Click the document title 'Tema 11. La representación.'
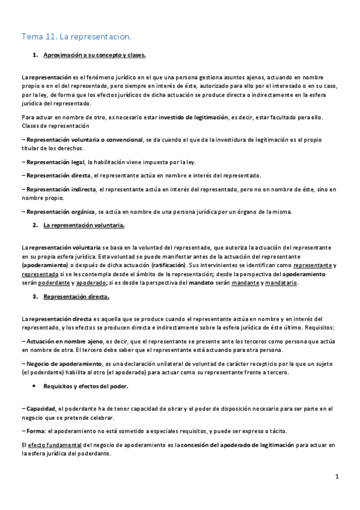(76, 37)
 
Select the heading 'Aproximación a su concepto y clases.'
(94, 55)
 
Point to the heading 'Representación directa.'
(76, 296)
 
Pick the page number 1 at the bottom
(337, 477)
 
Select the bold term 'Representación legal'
(55, 162)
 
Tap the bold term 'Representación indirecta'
(60, 189)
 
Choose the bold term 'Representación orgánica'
(60, 211)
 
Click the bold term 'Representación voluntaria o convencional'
(84, 140)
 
